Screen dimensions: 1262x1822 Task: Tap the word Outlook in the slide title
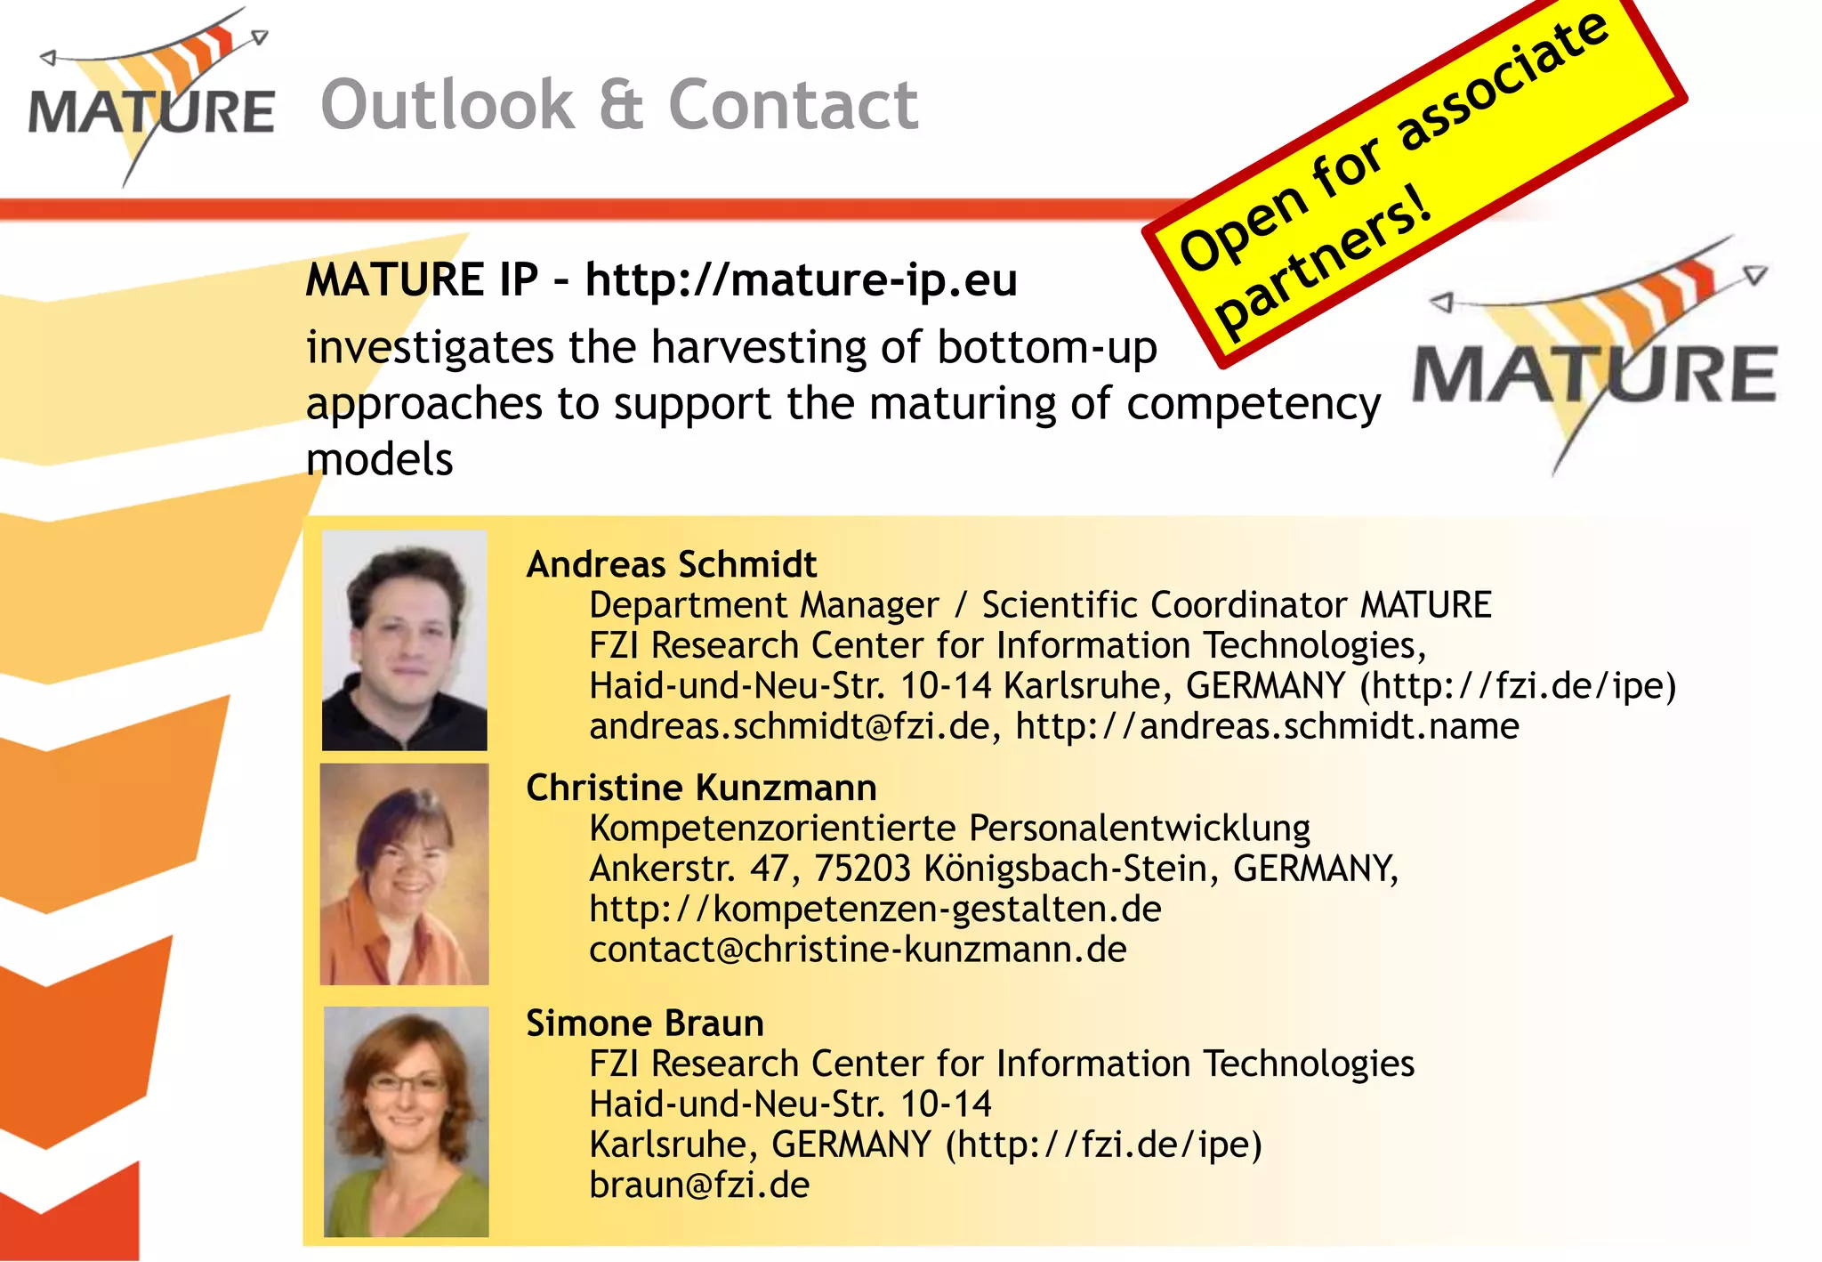(447, 105)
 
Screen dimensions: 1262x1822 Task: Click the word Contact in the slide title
(793, 105)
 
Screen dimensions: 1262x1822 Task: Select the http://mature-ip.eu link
(801, 280)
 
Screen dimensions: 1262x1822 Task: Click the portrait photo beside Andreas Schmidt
(405, 641)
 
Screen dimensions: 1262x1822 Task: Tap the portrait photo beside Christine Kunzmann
(405, 874)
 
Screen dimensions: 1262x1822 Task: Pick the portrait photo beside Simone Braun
(406, 1121)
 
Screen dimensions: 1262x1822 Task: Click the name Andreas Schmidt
(672, 564)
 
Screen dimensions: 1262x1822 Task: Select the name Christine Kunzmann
(701, 788)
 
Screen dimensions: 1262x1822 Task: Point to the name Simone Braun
(645, 1023)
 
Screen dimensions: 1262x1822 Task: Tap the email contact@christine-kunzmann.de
(858, 950)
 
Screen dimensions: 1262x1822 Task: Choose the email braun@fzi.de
(699, 1185)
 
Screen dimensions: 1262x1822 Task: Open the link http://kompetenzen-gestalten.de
(875, 910)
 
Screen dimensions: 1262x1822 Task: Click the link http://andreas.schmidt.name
(1267, 727)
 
